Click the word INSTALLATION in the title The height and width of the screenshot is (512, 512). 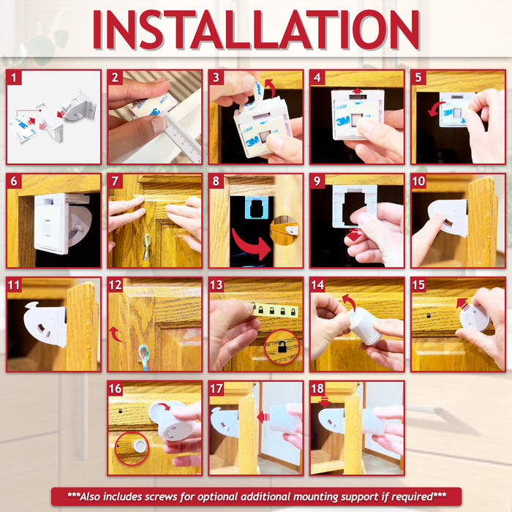[255, 30]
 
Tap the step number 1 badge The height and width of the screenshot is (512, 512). [15, 78]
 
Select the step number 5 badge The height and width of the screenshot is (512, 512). [419, 78]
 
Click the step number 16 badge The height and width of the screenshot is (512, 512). [116, 389]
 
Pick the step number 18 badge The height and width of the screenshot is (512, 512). [318, 389]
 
